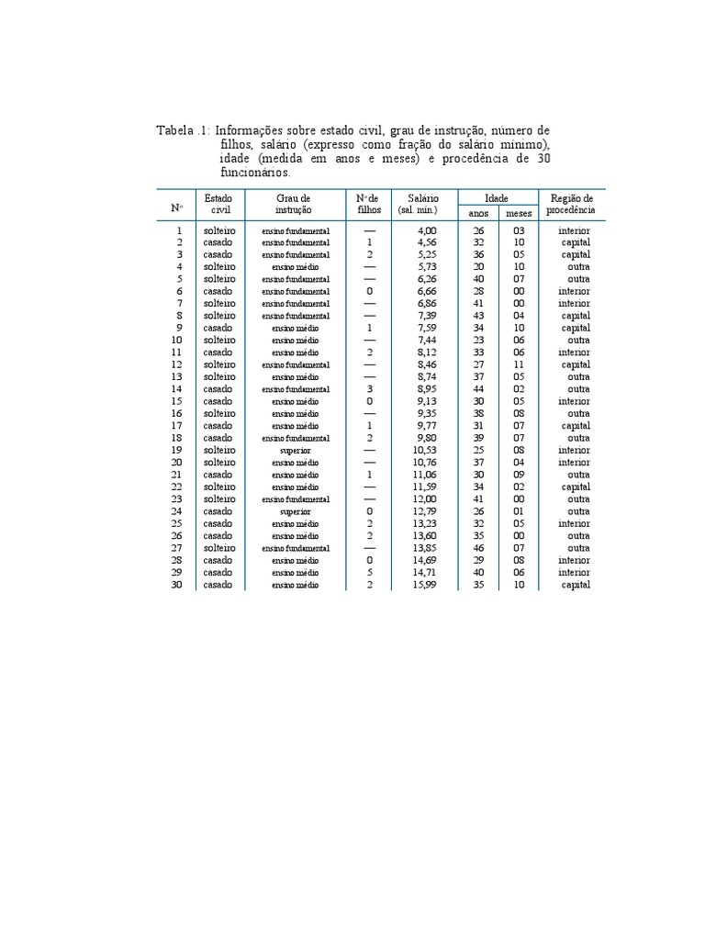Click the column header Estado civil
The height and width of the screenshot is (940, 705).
tap(218, 204)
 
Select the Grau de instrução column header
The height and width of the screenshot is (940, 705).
tap(293, 204)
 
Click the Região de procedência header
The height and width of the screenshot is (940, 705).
tap(571, 204)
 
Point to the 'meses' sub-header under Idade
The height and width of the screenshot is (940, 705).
tap(519, 213)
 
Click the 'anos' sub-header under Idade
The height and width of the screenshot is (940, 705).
tap(478, 213)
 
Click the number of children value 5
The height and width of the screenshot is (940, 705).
tap(369, 573)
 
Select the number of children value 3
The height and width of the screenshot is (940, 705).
tap(369, 389)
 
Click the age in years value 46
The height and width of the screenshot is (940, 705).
tap(478, 548)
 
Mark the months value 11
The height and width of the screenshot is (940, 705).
tap(519, 365)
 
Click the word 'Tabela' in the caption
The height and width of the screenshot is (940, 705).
tap(174, 131)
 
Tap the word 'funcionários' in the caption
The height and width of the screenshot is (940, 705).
tap(254, 172)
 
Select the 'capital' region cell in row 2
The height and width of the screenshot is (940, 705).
tap(576, 243)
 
